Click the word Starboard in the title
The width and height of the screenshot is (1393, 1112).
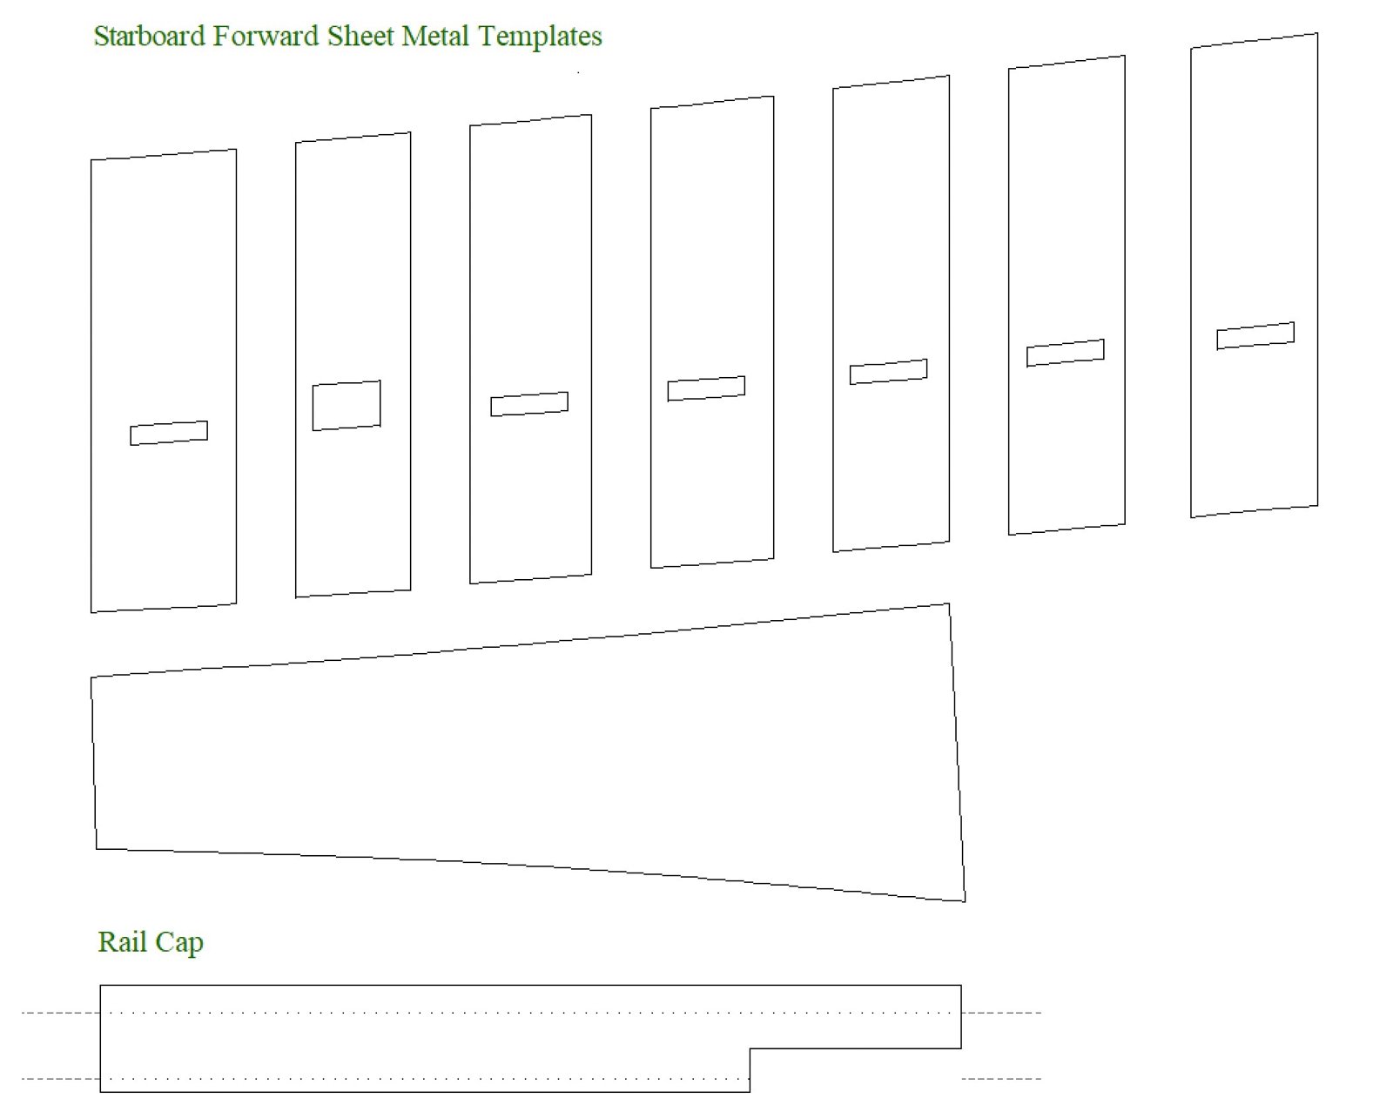click(149, 37)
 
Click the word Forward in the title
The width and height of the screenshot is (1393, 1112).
click(266, 37)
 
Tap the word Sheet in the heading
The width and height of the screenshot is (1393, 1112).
click(360, 37)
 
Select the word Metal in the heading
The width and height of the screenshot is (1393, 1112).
click(435, 37)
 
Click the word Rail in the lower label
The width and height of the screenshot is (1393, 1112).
click(123, 941)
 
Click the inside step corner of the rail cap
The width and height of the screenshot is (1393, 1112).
click(750, 1048)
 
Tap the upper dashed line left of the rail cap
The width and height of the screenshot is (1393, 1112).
click(61, 1013)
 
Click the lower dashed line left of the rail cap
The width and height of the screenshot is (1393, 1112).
click(61, 1079)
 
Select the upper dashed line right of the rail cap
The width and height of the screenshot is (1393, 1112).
click(1001, 1013)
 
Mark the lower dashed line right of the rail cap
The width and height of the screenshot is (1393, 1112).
click(1001, 1079)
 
